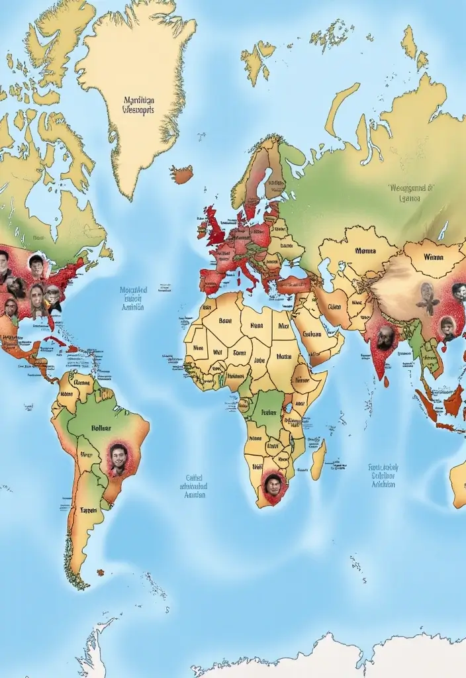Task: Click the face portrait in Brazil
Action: point(118,458)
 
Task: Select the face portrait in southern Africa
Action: point(273,485)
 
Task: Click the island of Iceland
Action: point(181,174)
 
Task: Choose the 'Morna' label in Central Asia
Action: point(365,252)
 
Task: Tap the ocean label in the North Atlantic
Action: point(134,299)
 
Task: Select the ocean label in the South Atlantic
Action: point(194,485)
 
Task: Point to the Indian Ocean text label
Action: point(383,475)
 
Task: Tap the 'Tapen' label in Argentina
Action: point(88,510)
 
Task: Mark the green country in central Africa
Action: point(268,414)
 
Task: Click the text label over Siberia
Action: point(410,192)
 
